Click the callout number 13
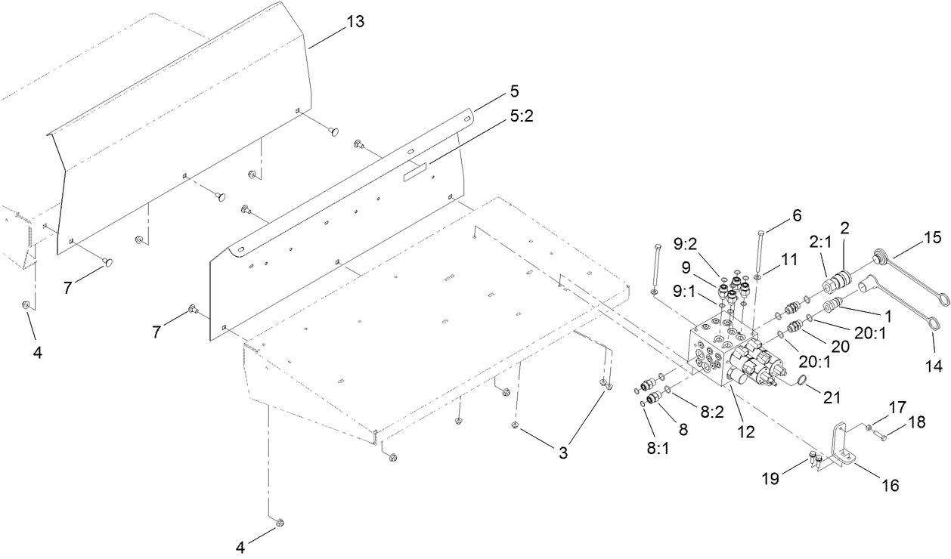[355, 22]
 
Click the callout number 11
[788, 258]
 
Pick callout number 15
[932, 238]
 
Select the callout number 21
[832, 395]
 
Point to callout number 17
[897, 406]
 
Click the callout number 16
[890, 486]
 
